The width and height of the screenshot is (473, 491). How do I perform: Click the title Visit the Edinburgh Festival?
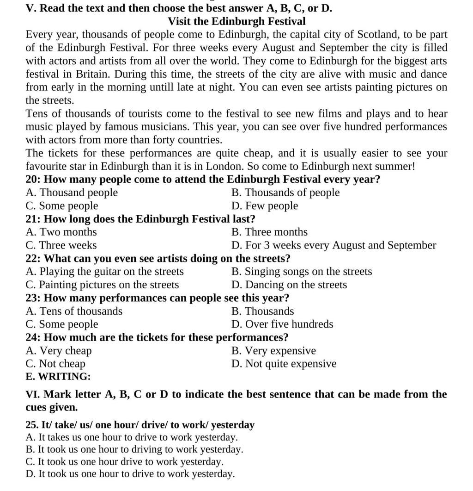tap(236, 21)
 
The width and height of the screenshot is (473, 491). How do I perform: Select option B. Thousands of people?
tap(285, 193)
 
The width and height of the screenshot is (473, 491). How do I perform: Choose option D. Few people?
tap(265, 206)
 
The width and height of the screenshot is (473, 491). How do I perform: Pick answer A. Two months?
tap(61, 232)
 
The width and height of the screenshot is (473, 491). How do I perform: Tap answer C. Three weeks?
tap(61, 245)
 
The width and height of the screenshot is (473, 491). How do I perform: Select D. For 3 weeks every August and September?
tap(334, 245)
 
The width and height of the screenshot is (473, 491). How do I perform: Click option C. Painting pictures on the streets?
tap(103, 285)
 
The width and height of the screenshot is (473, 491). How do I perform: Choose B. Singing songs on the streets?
tap(301, 272)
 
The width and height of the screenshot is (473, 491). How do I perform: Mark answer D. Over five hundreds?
tap(282, 324)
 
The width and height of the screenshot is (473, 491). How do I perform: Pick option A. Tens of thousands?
tap(74, 311)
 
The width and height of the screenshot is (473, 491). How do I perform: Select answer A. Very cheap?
tap(59, 351)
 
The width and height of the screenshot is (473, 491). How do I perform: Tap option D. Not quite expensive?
tap(284, 364)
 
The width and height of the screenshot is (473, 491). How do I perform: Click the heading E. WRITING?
tap(58, 377)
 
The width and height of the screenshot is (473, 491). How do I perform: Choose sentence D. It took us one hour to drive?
tap(130, 474)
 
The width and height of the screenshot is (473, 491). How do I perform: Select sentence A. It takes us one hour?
tap(132, 437)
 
